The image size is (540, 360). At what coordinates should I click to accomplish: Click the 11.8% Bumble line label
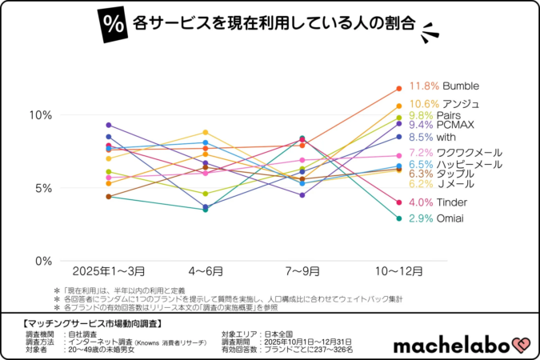tap(443, 86)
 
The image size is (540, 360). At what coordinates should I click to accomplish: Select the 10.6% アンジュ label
tap(444, 103)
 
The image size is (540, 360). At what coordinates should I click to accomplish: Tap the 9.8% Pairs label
tap(437, 114)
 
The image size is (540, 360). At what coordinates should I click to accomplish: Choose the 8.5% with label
tap(433, 137)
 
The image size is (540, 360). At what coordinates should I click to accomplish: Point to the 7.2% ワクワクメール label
tap(455, 152)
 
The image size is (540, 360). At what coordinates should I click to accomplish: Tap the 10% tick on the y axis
tap(40, 114)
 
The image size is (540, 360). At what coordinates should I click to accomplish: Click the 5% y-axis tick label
tap(43, 188)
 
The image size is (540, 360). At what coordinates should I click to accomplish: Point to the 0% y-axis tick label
tap(43, 261)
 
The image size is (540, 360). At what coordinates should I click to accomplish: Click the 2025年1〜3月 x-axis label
tap(107, 272)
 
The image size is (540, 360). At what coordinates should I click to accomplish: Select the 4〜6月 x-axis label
tap(206, 272)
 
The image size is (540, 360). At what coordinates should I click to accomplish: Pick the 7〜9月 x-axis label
tap(302, 272)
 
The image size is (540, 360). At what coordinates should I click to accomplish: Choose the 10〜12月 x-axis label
tap(398, 272)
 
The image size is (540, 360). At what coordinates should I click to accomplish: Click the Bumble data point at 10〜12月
tap(398, 88)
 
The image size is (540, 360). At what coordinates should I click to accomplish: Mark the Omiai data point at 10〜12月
tap(398, 218)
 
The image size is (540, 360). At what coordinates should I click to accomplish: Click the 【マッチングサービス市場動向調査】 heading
tap(88, 323)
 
